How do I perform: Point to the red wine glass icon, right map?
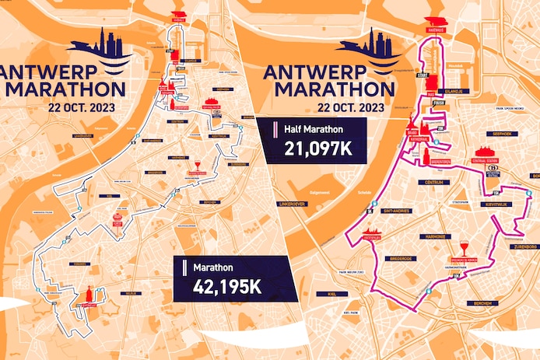(465, 244)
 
